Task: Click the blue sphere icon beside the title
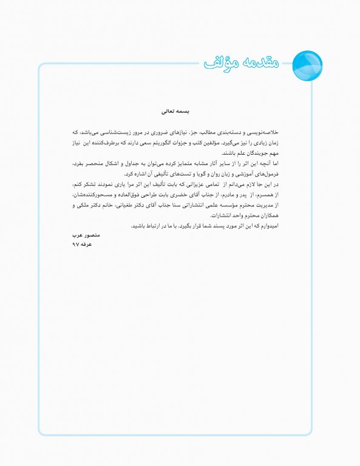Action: click(x=307, y=62)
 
